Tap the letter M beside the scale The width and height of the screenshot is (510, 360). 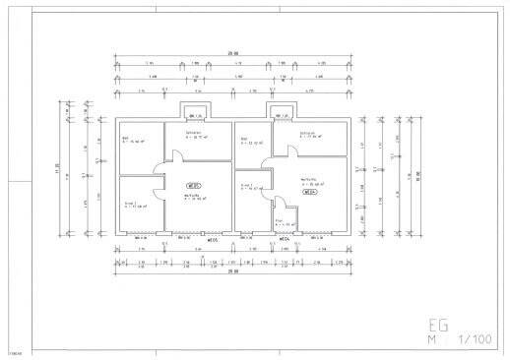tap(430, 340)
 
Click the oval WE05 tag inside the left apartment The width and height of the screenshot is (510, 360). tap(193, 185)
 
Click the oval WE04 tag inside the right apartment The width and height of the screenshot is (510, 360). tap(309, 193)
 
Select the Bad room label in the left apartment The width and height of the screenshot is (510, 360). tap(125, 139)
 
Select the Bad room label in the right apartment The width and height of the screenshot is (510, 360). tap(244, 139)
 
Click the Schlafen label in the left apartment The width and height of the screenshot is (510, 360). tap(193, 134)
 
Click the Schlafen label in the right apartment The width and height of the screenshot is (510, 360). tap(306, 134)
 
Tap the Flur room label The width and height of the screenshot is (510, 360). tap(279, 220)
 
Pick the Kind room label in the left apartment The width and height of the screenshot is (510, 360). tap(129, 203)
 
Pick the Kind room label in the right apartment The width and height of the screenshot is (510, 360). tap(246, 185)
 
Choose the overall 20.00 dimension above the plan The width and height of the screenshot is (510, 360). tap(232, 53)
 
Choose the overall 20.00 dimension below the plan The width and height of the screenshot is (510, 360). tap(232, 272)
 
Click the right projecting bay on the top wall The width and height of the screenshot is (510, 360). tap(281, 111)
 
